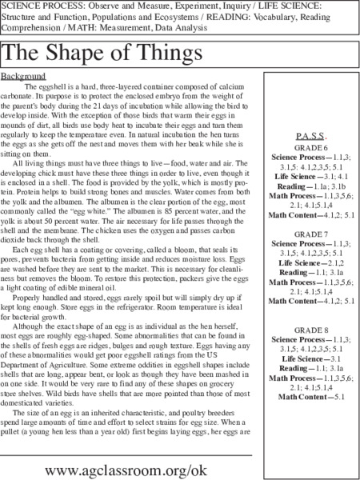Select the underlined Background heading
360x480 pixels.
(x=22, y=76)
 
